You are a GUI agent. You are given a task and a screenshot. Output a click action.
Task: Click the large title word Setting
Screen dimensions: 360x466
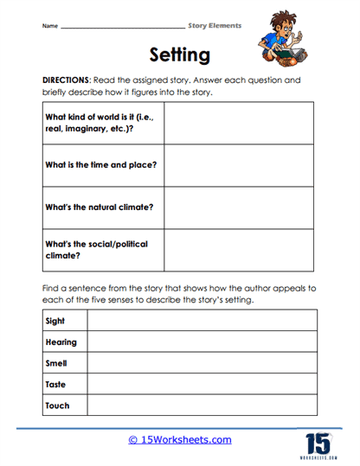click(x=179, y=56)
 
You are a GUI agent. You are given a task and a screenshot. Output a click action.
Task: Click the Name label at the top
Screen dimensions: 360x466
click(x=49, y=26)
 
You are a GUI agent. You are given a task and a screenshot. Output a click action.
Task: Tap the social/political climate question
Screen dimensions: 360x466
click(x=95, y=250)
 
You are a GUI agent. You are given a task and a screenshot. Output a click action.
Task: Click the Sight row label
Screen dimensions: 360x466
click(x=55, y=322)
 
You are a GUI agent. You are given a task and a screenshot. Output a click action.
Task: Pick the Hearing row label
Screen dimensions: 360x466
click(x=61, y=342)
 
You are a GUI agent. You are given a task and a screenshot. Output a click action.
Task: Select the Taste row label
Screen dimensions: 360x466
click(x=56, y=384)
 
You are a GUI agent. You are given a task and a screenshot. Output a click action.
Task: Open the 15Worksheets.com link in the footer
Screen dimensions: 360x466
click(x=180, y=440)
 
